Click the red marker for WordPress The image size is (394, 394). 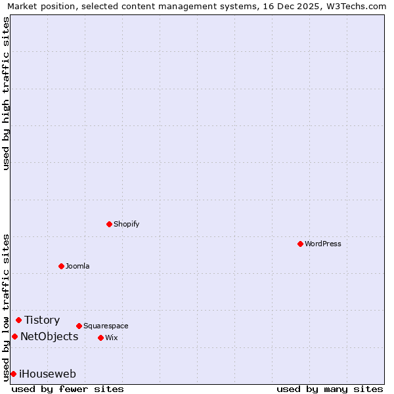point(300,244)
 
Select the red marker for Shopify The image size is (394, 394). point(109,224)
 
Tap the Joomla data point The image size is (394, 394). point(61,266)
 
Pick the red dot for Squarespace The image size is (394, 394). point(79,326)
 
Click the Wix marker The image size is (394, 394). point(100,338)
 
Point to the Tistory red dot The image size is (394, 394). point(18,320)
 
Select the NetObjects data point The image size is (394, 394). point(14,336)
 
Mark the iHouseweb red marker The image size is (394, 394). point(13,374)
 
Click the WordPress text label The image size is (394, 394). point(323,244)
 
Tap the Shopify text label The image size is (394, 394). point(127,224)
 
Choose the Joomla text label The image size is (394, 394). point(77,266)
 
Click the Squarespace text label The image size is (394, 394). point(106,326)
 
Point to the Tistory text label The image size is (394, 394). point(42,320)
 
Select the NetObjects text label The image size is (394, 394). point(49,336)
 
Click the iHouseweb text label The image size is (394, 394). point(47,374)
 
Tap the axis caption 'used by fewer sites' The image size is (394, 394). point(68,389)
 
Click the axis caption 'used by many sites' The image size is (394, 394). point(330,389)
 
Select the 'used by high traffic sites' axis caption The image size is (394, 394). point(6,93)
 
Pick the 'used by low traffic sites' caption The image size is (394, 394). point(6,307)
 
